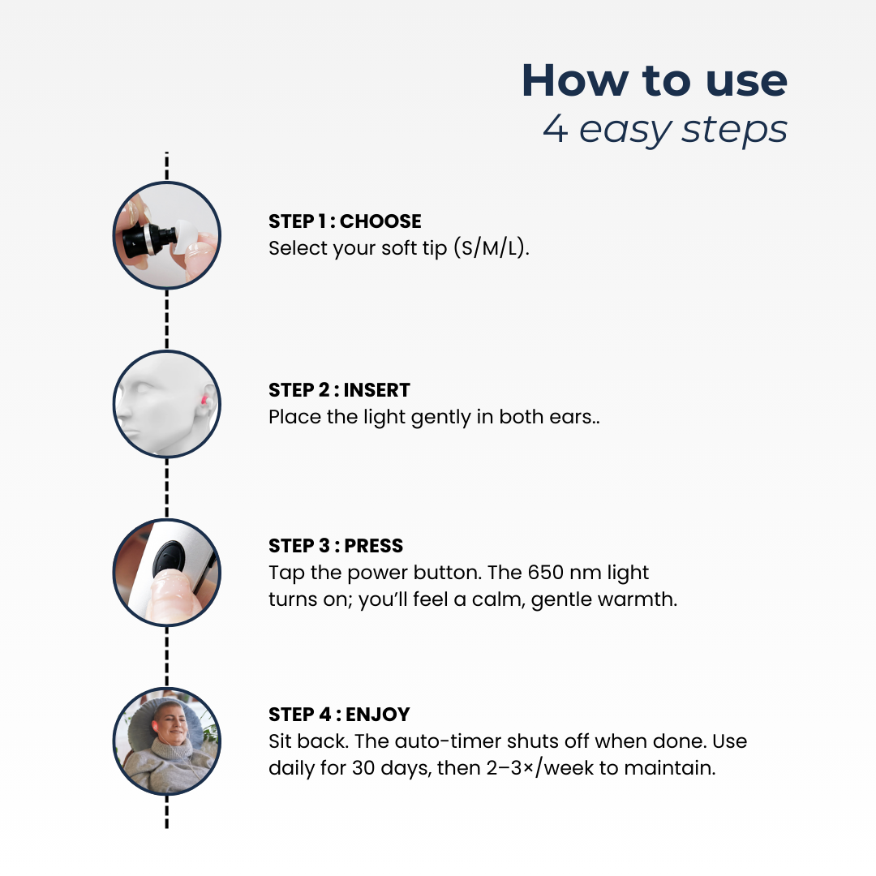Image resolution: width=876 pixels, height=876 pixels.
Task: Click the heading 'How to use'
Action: coord(655,80)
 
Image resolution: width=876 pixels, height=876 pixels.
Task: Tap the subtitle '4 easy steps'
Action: coord(665,130)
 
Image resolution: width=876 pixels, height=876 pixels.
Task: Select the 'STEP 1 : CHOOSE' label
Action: coord(345,221)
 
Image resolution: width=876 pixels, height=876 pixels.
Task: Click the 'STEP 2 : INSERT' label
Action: coord(339,390)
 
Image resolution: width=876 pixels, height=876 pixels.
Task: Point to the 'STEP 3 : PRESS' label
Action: coord(336,545)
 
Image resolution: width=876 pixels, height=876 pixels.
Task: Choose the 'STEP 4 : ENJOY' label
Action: coord(339,714)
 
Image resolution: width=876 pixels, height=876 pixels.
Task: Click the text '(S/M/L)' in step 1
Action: coord(491,247)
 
